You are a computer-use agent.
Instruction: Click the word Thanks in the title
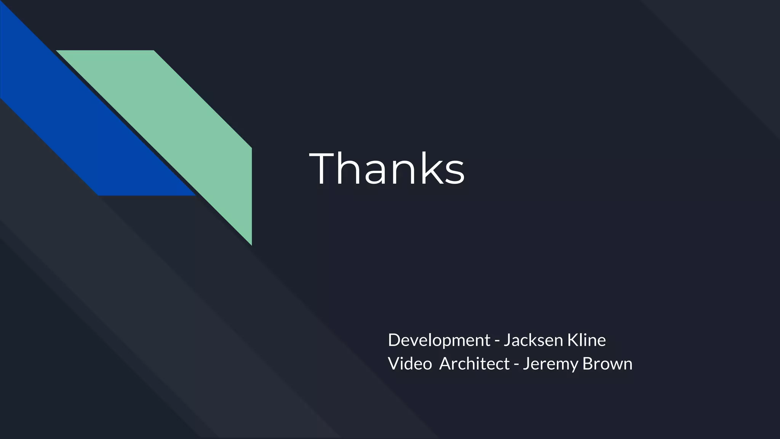pos(387,168)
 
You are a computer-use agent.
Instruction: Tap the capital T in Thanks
pos(324,168)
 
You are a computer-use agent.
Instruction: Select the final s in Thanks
pos(454,173)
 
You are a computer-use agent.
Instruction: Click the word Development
pos(439,340)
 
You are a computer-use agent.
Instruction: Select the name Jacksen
pos(533,340)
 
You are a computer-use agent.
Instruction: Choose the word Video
pos(409,364)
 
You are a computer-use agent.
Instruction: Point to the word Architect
pos(474,364)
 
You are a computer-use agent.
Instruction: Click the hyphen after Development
pos(497,341)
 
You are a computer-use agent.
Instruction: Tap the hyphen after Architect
pos(516,365)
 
